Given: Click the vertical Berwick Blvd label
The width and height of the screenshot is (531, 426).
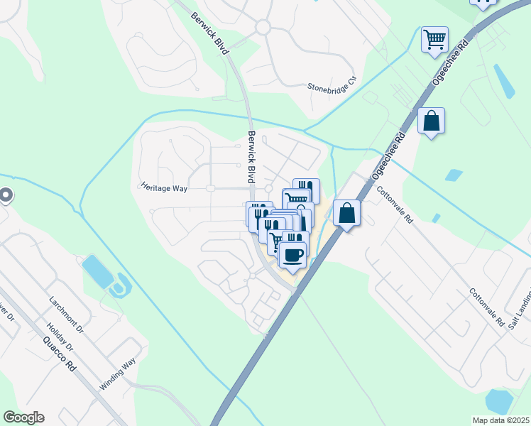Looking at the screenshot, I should (x=251, y=157).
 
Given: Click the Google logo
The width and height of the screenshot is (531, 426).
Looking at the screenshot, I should (x=23, y=417).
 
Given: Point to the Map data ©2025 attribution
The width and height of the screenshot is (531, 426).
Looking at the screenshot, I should (x=500, y=420).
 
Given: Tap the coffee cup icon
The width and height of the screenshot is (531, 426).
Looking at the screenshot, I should (x=292, y=253).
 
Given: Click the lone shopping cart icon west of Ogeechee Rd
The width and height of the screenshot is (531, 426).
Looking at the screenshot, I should (x=434, y=38).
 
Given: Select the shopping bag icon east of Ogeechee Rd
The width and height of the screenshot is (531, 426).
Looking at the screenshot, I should (x=431, y=120).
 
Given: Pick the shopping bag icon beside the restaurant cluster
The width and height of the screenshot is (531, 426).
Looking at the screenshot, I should (x=346, y=212).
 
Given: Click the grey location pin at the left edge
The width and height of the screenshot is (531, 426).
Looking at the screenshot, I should (x=5, y=195).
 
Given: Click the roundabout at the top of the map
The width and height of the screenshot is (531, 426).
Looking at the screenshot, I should (x=263, y=27).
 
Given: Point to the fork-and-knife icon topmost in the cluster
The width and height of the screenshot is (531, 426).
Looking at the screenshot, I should (x=306, y=188).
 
